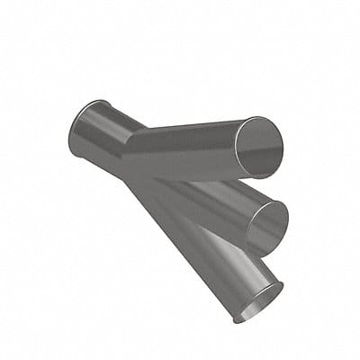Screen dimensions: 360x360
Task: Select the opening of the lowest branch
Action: (x=259, y=301)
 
